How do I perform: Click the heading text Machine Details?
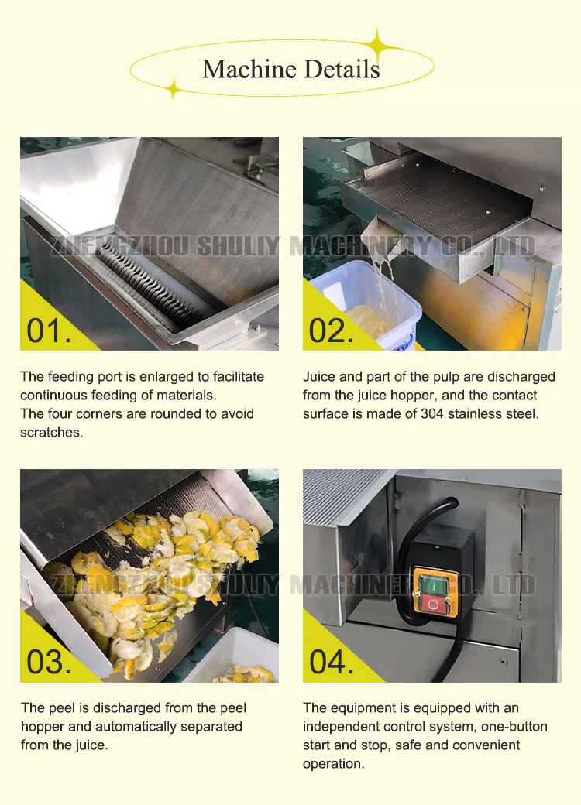point(290,69)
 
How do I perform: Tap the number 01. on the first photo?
point(49,330)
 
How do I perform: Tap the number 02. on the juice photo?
point(331,330)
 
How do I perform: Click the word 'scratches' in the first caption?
point(51,433)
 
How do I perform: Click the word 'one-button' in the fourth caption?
point(515,727)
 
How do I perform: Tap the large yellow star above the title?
point(380,45)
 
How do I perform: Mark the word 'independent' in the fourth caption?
point(340,727)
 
